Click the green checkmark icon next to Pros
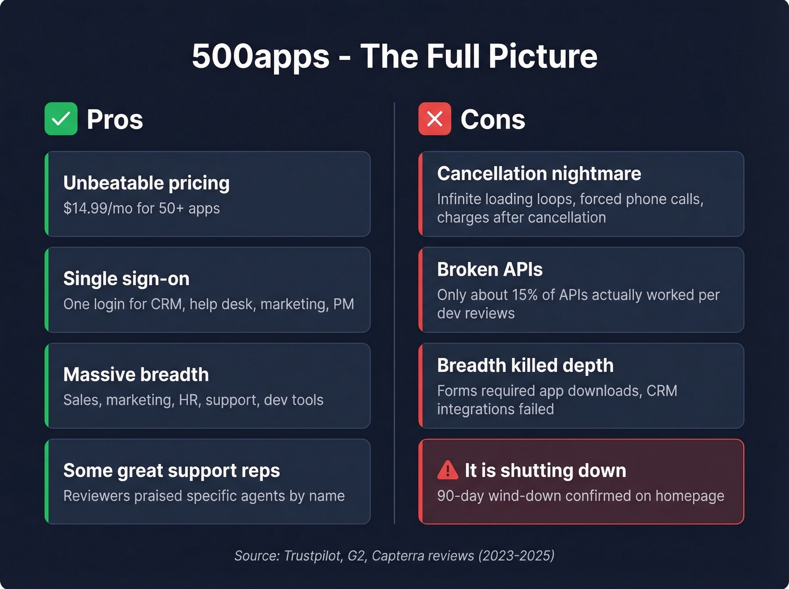pyautogui.click(x=61, y=119)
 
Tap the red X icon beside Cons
pyautogui.click(x=435, y=119)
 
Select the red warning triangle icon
pyautogui.click(x=447, y=470)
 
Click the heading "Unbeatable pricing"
pyautogui.click(x=147, y=183)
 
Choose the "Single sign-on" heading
pyautogui.click(x=126, y=279)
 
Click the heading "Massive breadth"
pyautogui.click(x=136, y=375)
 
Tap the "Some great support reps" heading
pyautogui.click(x=171, y=471)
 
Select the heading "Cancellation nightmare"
pyautogui.click(x=539, y=174)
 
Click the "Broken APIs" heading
pyautogui.click(x=490, y=269)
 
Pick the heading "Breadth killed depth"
pyautogui.click(x=525, y=365)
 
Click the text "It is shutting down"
pyautogui.click(x=545, y=471)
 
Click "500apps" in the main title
pyautogui.click(x=260, y=56)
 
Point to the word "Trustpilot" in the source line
pyautogui.click(x=313, y=556)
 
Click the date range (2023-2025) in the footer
pyautogui.click(x=516, y=556)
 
